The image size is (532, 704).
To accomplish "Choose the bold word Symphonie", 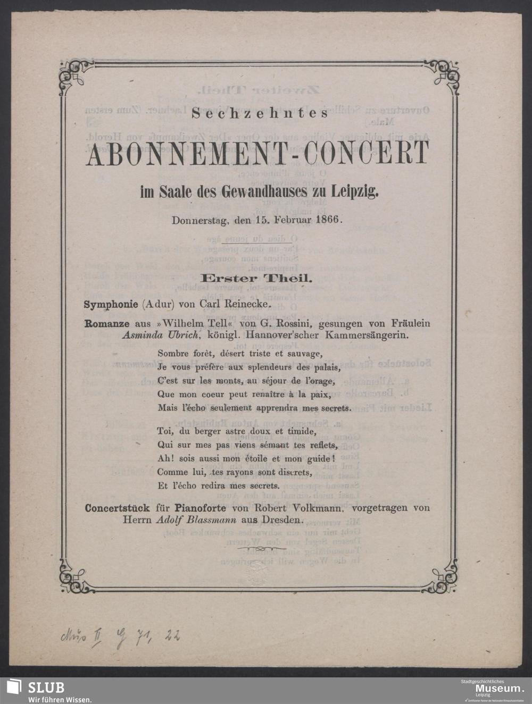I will pyautogui.click(x=108, y=305).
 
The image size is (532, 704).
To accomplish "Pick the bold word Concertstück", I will pyautogui.click(x=116, y=508).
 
